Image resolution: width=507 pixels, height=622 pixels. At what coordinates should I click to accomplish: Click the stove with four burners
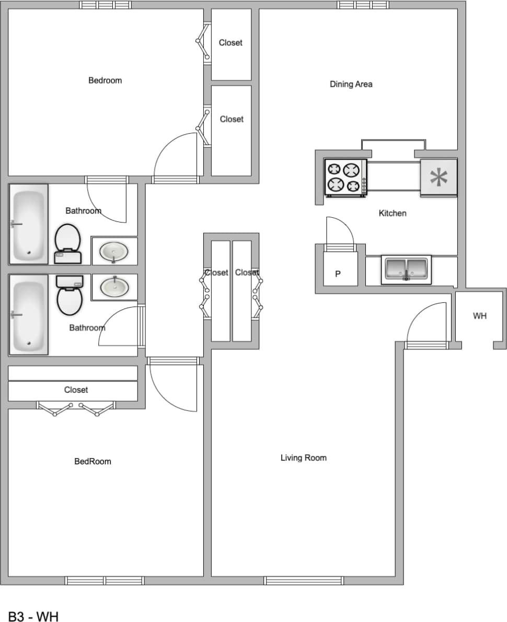(345, 178)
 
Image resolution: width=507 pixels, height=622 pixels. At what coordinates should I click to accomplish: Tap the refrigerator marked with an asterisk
(439, 178)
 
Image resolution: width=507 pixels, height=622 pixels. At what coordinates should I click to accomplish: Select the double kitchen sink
(406, 269)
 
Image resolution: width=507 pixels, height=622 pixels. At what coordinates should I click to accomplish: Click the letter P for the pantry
(338, 273)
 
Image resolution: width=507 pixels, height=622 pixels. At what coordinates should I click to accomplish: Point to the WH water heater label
(479, 316)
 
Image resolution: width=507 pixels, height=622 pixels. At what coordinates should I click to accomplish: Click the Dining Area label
(351, 84)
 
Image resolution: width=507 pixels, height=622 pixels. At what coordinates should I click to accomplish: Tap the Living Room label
(303, 458)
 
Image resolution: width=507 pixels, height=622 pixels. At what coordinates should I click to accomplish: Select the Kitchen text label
(392, 213)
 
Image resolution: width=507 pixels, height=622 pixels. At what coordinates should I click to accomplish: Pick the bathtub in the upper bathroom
(28, 224)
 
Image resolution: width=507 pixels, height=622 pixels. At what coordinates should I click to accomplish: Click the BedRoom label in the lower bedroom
(93, 462)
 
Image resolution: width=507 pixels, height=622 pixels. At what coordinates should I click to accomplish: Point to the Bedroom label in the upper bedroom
(105, 80)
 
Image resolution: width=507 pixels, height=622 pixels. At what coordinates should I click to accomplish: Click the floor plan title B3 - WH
(33, 616)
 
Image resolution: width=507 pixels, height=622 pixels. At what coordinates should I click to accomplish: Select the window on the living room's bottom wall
(303, 581)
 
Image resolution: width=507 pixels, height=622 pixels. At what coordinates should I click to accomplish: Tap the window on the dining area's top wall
(363, 5)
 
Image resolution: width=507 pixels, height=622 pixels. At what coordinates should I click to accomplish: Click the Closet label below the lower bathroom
(76, 390)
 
